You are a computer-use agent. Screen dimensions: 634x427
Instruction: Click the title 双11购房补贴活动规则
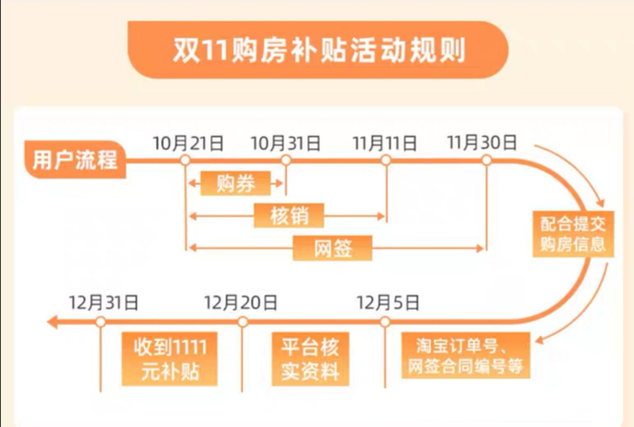click(x=317, y=49)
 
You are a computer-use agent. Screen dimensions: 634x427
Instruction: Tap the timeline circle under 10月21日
click(x=186, y=160)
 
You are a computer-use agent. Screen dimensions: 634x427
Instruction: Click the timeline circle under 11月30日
click(x=485, y=160)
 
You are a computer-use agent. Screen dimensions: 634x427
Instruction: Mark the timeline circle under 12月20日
click(x=242, y=321)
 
